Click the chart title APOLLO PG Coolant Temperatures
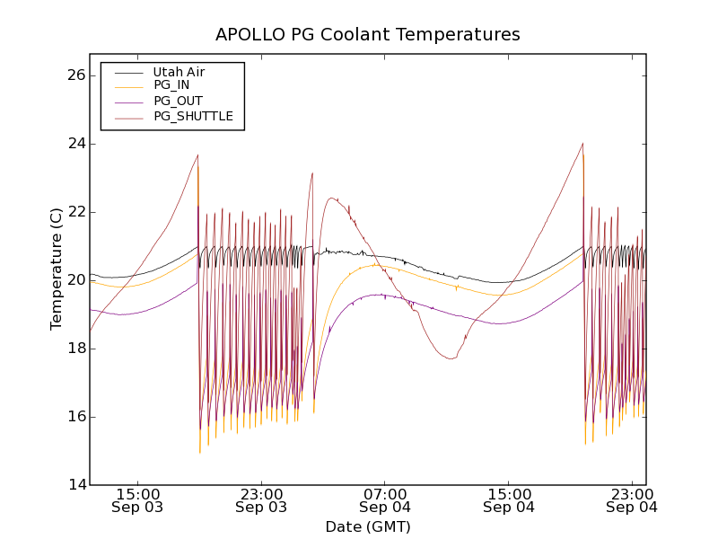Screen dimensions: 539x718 click(367, 35)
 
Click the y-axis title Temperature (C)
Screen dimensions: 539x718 click(57, 269)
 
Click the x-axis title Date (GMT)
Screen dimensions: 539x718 click(367, 526)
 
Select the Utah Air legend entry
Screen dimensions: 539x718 click(179, 72)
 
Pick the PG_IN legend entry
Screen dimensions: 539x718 click(171, 86)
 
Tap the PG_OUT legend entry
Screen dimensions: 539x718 click(177, 102)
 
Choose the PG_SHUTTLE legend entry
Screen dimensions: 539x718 click(193, 116)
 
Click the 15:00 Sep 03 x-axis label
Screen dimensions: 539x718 click(137, 500)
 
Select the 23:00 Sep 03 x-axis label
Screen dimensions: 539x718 click(261, 500)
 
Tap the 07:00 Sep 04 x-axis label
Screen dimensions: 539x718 click(385, 500)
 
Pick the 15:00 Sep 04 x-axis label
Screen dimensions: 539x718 click(509, 500)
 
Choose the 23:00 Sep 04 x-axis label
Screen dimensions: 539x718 click(632, 500)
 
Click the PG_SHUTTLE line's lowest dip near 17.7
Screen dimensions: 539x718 click(451, 358)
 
